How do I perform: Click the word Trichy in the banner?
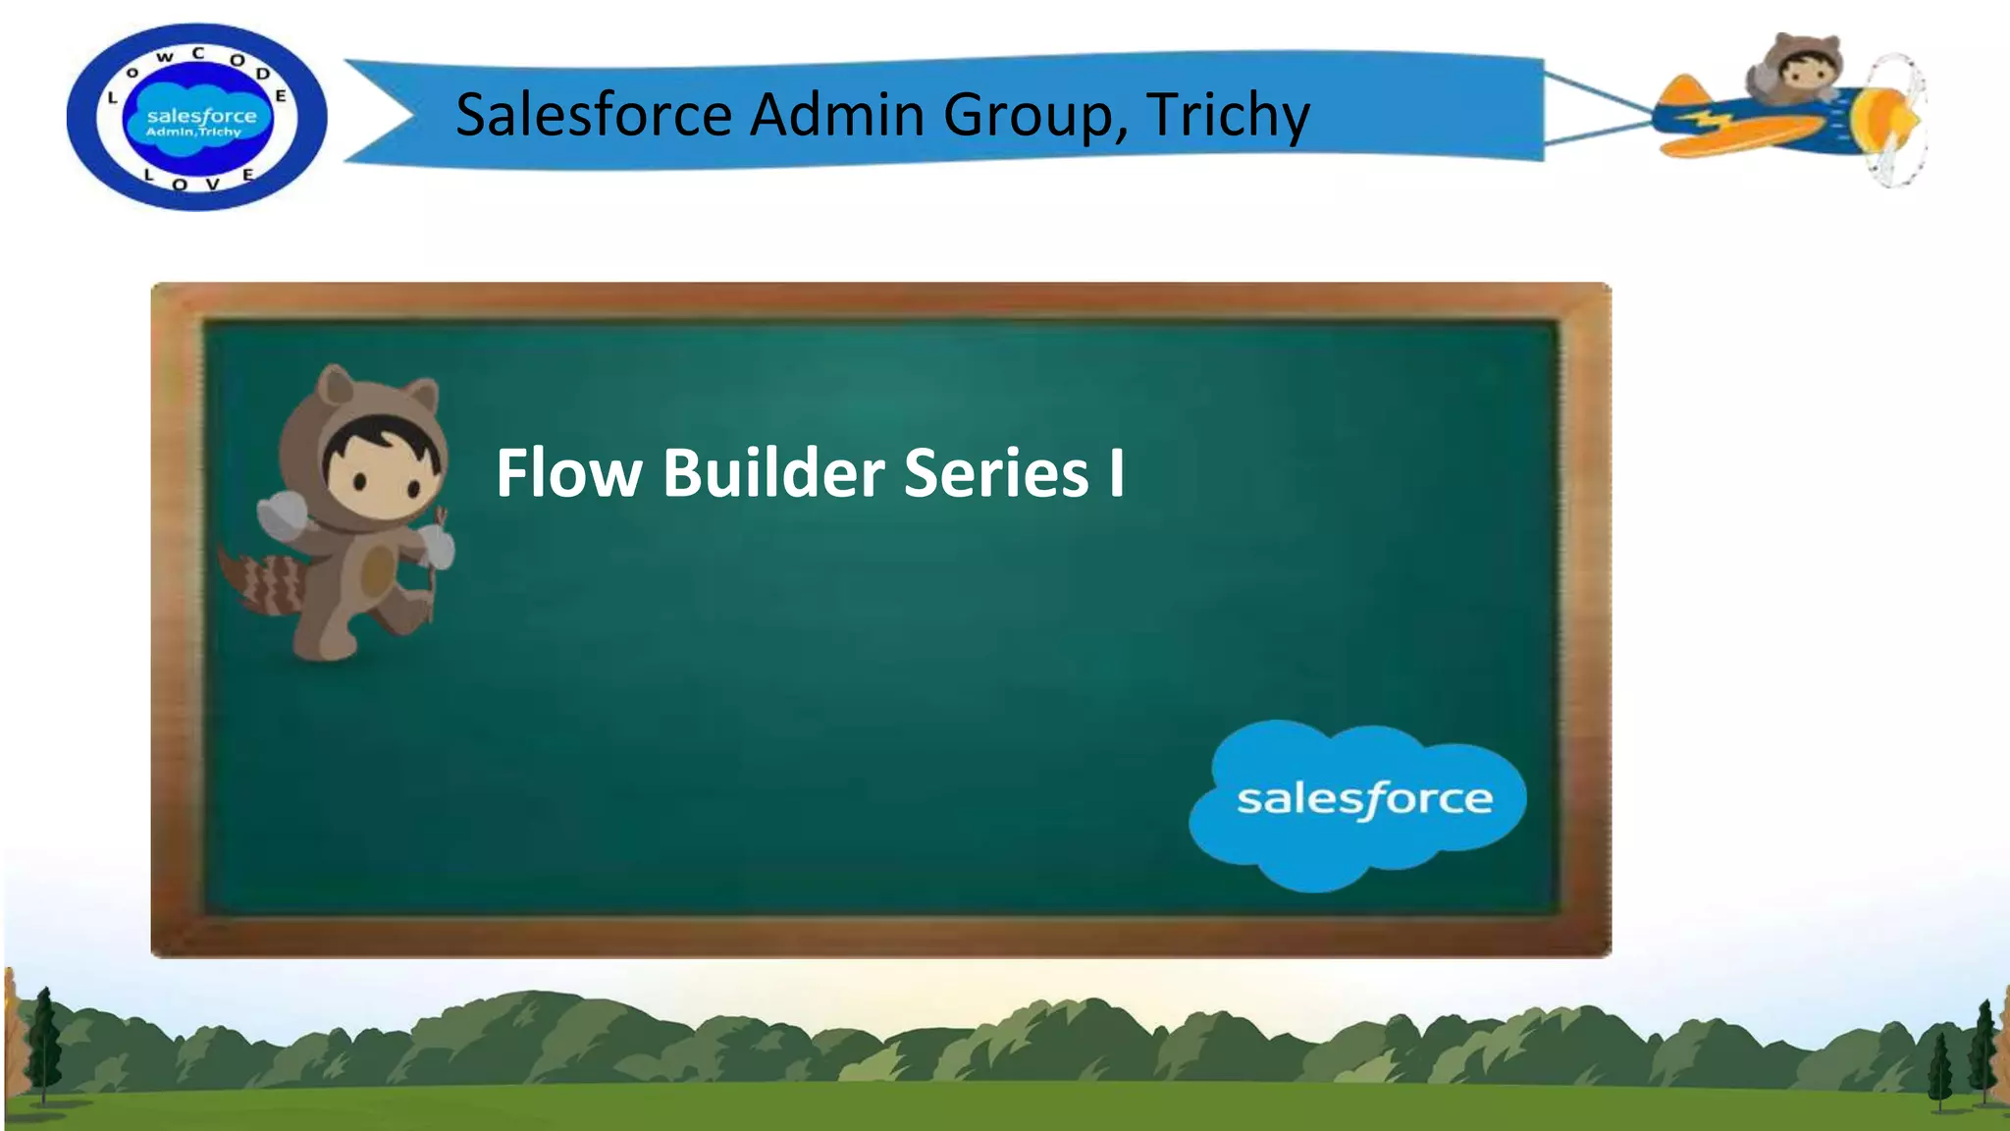(x=1227, y=116)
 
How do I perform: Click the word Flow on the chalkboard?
(x=568, y=473)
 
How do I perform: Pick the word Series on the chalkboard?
(x=995, y=473)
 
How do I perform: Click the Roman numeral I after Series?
(x=1116, y=473)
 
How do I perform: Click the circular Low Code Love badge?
(x=196, y=117)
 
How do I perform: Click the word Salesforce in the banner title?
(x=594, y=114)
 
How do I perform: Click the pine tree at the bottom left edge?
(x=41, y=1046)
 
